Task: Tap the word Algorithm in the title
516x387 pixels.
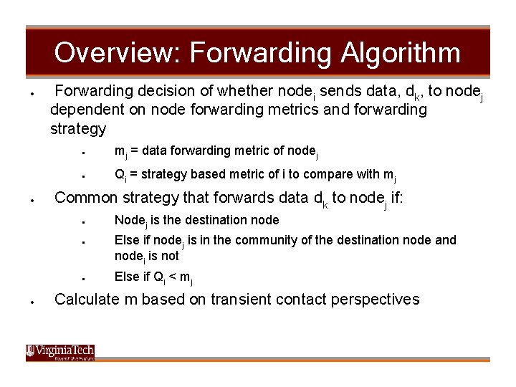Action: pos(400,52)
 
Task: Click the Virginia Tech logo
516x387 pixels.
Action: pos(60,353)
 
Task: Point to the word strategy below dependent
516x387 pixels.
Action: pos(78,129)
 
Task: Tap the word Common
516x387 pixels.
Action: pos(86,198)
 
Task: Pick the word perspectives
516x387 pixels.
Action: pos(375,300)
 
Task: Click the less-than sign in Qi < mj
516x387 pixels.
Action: pos(172,277)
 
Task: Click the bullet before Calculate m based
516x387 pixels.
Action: pos(32,302)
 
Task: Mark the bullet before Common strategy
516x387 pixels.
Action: pos(32,200)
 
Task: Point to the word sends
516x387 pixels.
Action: pos(340,90)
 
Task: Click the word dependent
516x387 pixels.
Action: pos(87,110)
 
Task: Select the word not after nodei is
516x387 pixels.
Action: pos(170,256)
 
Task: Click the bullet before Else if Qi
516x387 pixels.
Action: pos(84,279)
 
